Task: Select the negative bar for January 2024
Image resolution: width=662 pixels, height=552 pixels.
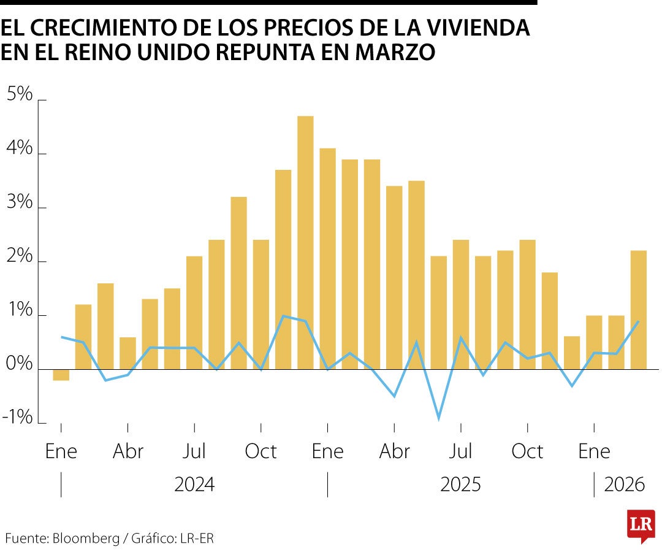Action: (61, 375)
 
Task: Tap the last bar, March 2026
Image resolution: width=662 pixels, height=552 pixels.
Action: (639, 310)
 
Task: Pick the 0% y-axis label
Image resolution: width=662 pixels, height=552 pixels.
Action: (18, 364)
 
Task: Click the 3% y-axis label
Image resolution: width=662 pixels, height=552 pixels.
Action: (18, 202)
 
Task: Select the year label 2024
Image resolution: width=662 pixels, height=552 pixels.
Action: (194, 485)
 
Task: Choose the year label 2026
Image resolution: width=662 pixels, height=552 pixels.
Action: (625, 485)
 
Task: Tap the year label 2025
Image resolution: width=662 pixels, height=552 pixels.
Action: (460, 485)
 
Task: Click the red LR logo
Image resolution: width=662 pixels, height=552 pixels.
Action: (641, 525)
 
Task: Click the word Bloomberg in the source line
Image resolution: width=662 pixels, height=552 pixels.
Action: (86, 539)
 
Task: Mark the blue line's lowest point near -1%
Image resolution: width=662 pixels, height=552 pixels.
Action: (439, 419)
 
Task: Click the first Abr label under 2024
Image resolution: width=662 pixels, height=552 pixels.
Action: (127, 451)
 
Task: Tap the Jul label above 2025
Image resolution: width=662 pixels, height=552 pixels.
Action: (460, 451)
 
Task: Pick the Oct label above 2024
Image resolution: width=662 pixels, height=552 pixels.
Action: (261, 451)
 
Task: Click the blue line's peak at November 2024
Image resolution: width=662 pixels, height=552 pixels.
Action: (283, 316)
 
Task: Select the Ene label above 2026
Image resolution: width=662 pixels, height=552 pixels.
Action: (594, 451)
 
